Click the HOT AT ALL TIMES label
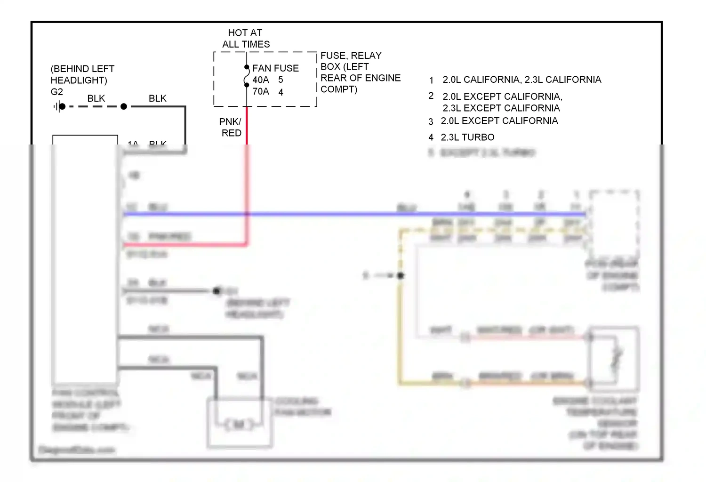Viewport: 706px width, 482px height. click(245, 39)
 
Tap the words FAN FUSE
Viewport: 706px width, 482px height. click(275, 68)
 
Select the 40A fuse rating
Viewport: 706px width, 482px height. click(261, 80)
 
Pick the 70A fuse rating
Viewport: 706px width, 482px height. click(261, 91)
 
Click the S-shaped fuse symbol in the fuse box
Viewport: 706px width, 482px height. click(247, 76)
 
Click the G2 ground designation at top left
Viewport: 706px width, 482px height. click(56, 92)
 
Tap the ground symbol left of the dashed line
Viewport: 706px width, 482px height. click(56, 107)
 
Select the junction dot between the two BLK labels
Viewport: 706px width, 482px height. click(124, 107)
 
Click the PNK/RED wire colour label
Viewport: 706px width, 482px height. click(231, 127)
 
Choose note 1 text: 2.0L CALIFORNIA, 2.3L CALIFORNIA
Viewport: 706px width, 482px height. click(521, 80)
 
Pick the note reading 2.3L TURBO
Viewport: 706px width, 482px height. click(467, 137)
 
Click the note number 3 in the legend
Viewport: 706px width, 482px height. click(431, 121)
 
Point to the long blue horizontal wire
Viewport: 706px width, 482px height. click(329, 214)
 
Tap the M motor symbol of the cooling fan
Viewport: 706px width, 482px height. click(239, 425)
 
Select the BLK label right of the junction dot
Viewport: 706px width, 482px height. click(157, 98)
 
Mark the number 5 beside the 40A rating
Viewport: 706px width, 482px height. click(281, 80)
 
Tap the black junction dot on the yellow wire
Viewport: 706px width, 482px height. click(401, 275)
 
